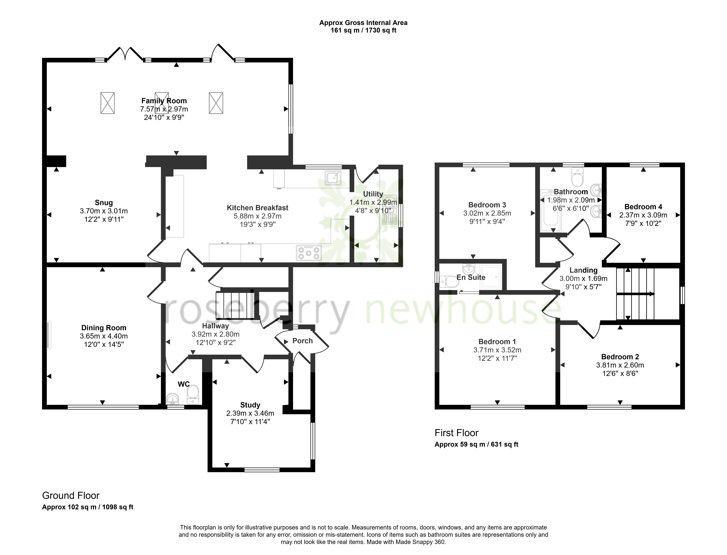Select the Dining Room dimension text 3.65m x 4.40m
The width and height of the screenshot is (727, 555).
(104, 336)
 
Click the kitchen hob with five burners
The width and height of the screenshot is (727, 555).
(309, 253)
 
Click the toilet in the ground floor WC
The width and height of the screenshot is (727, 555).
(193, 395)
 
